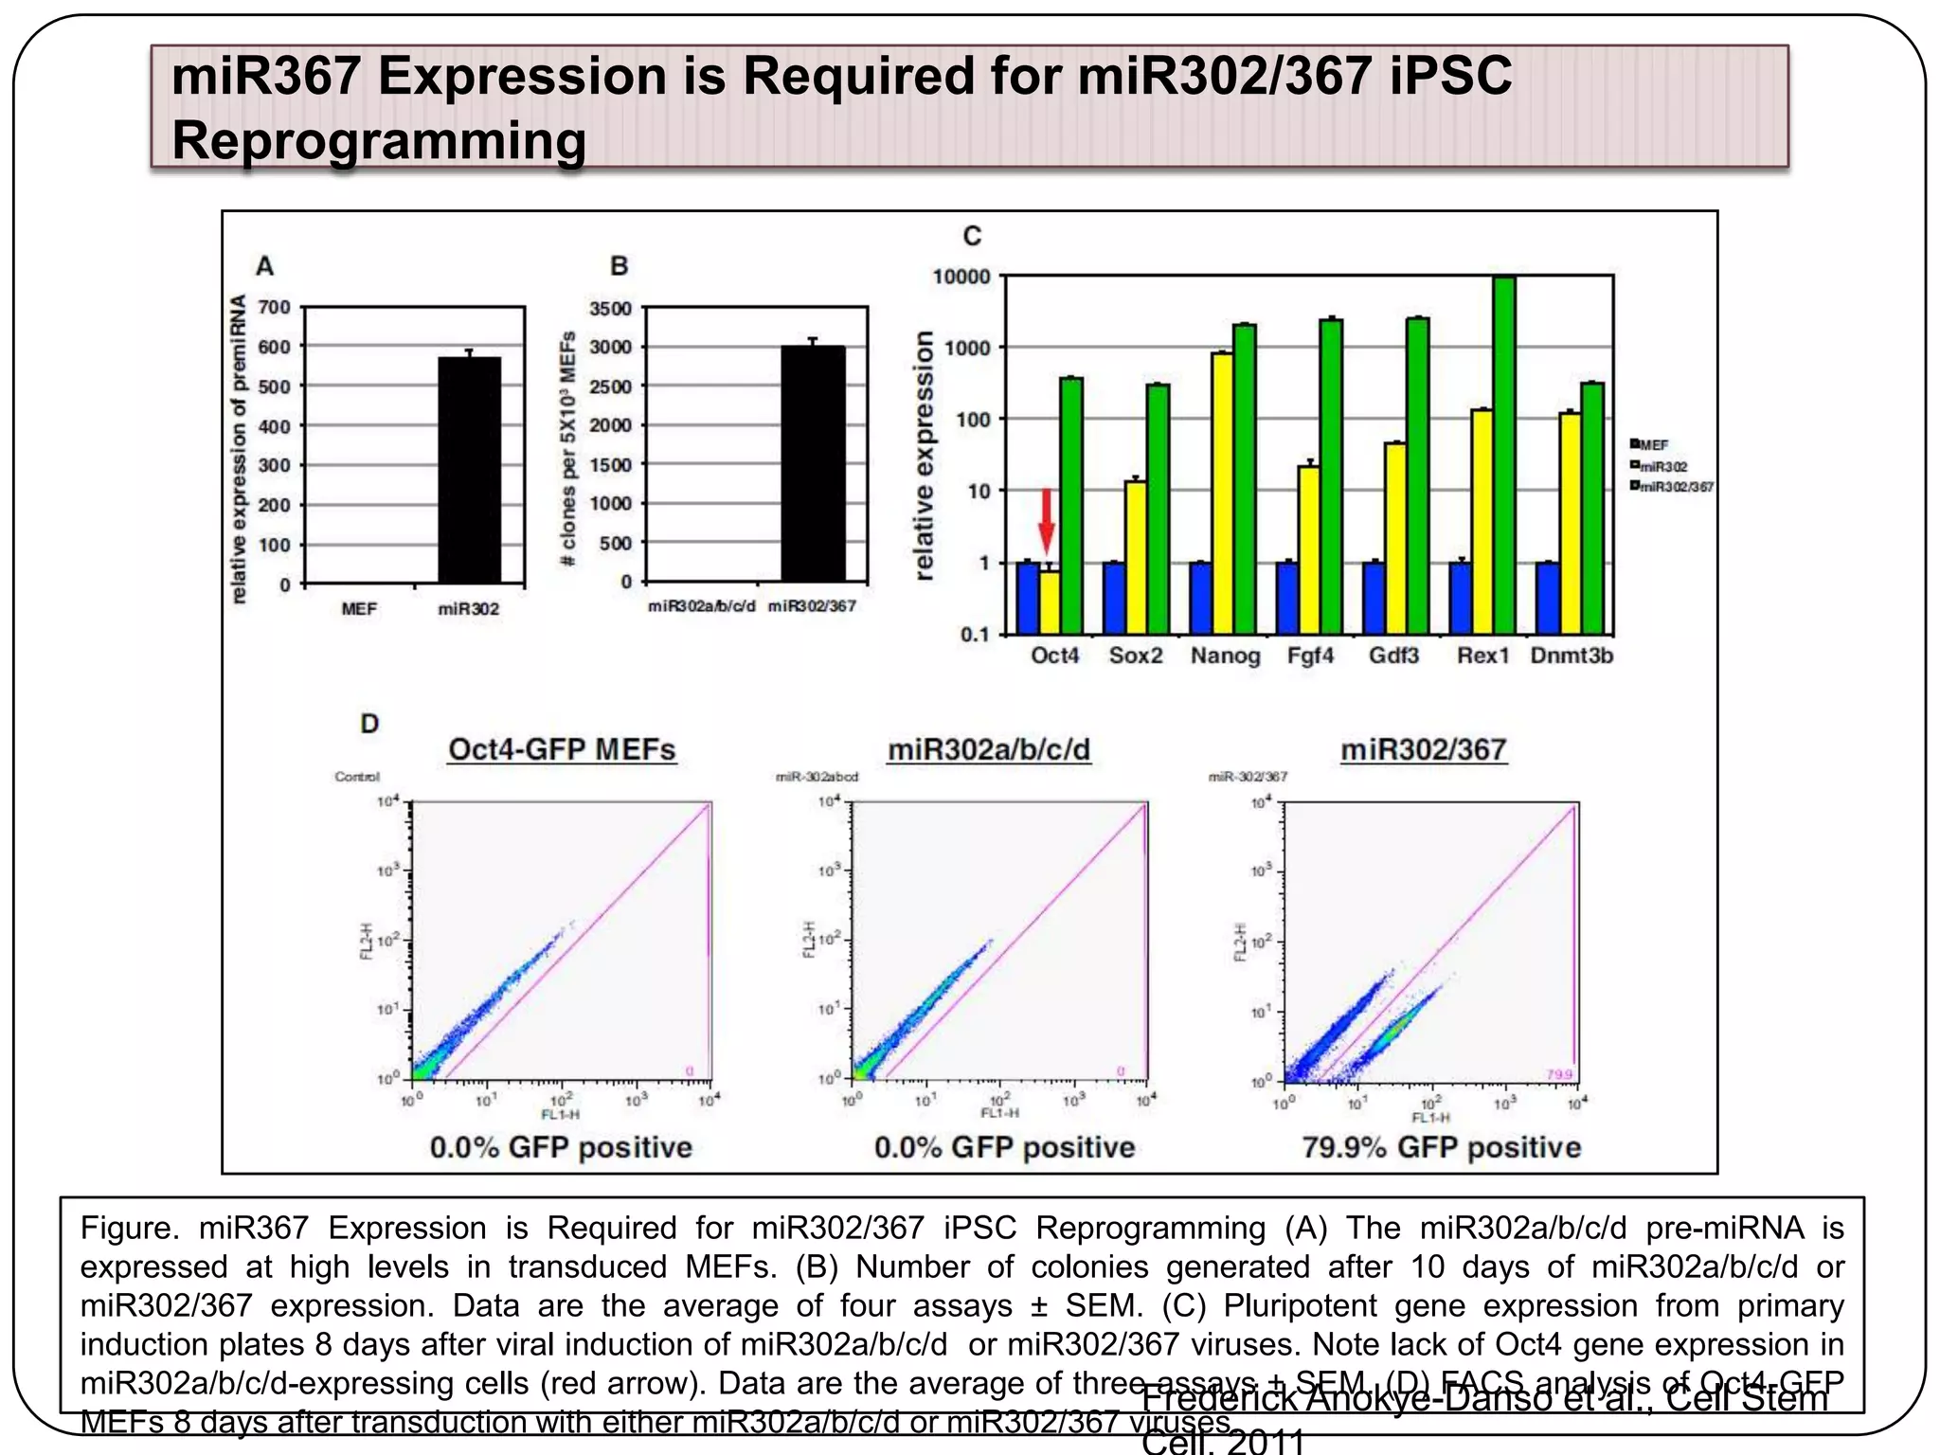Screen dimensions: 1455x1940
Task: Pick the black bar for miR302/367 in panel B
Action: click(x=813, y=463)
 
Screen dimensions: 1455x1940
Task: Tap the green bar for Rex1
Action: click(x=1504, y=455)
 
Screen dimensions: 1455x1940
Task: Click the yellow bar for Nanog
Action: click(x=1223, y=493)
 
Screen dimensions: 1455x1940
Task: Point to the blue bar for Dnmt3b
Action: click(x=1548, y=598)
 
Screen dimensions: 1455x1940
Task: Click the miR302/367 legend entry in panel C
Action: click(x=1673, y=487)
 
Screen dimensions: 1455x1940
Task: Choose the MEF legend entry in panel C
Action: click(x=1651, y=444)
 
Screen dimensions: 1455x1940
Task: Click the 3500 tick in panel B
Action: click(x=611, y=309)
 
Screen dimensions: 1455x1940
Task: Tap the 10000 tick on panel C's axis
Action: click(x=961, y=277)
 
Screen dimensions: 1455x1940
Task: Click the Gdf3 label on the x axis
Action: click(x=1394, y=656)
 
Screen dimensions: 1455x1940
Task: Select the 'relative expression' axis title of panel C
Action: click(x=925, y=455)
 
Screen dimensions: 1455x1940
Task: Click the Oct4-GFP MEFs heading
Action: click(x=562, y=749)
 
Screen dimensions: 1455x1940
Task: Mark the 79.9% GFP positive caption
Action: click(x=1441, y=1147)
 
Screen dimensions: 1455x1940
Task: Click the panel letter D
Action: click(x=369, y=724)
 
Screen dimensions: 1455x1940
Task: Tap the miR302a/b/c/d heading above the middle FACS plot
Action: click(x=988, y=749)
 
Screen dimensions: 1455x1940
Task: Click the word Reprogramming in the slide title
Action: click(x=379, y=140)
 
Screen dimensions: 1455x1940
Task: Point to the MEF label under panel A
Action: click(x=359, y=609)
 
